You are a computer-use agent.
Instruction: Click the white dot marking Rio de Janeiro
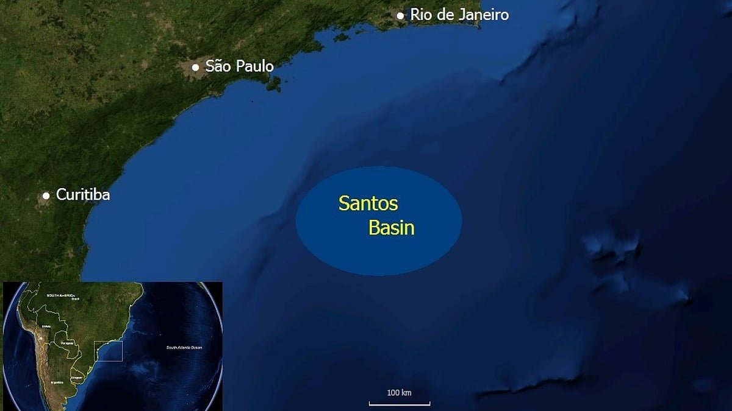click(x=400, y=15)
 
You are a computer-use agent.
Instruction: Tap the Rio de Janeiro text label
click(x=459, y=15)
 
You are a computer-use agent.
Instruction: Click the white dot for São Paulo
click(x=195, y=67)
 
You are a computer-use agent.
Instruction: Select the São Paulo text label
click(x=240, y=66)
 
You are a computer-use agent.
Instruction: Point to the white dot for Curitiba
click(x=46, y=195)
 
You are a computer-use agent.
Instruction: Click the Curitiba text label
click(x=83, y=195)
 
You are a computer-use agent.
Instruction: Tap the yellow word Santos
click(x=368, y=203)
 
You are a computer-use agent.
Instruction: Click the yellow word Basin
click(x=392, y=228)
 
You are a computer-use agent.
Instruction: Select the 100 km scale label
click(x=400, y=393)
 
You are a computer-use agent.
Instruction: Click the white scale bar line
click(x=400, y=403)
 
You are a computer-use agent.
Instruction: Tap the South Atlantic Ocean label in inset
click(x=184, y=348)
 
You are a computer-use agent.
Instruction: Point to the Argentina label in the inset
click(x=57, y=382)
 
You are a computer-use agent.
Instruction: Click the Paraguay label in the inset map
click(x=67, y=343)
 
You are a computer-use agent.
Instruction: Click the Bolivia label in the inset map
click(x=46, y=326)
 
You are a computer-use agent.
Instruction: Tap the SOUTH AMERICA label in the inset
click(x=61, y=295)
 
